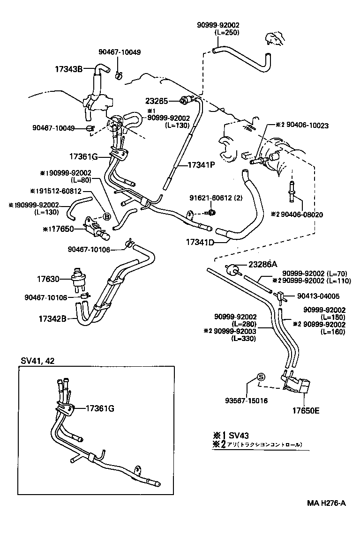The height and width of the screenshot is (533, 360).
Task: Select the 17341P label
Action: click(201, 165)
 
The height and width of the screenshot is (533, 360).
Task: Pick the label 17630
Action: click(48, 279)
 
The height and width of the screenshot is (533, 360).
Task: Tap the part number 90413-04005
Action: click(317, 296)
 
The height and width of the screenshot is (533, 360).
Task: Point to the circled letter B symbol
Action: click(106, 216)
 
